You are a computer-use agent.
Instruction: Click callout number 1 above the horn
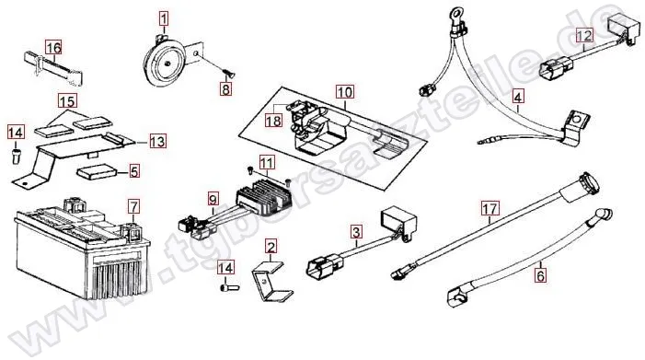164,18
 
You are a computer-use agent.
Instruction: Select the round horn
165,62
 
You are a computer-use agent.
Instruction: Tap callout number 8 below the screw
225,88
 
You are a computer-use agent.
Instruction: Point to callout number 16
53,48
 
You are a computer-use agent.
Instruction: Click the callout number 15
68,100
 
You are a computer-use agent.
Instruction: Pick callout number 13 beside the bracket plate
157,142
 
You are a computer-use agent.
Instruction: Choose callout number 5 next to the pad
134,171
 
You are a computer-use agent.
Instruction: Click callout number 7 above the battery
133,206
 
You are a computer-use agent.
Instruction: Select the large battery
82,251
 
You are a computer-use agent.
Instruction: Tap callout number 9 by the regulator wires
213,201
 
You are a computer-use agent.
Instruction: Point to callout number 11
266,163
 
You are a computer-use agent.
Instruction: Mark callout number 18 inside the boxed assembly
273,121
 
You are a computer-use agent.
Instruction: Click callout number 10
345,92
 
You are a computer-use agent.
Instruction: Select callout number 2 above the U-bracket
271,247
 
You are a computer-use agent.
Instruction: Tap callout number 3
356,232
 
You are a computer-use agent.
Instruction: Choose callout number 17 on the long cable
490,209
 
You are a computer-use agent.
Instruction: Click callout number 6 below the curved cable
540,275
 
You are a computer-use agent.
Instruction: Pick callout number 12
584,35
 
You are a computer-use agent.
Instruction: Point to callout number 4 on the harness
518,98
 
